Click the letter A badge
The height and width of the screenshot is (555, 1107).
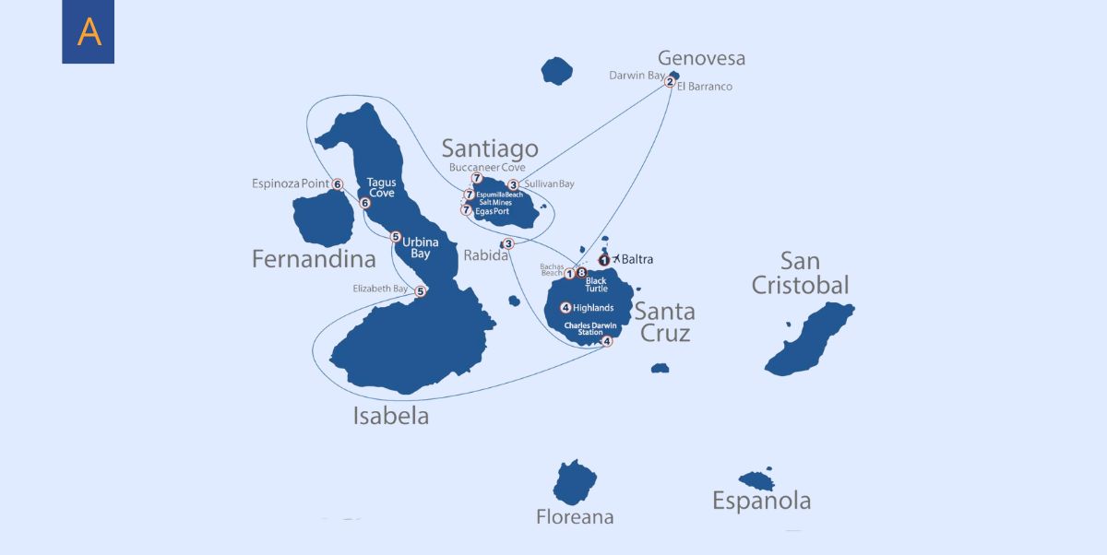click(89, 31)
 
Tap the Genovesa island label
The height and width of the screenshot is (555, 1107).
click(701, 58)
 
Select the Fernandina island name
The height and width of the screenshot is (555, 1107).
click(314, 259)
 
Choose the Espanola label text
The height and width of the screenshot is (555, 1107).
click(761, 501)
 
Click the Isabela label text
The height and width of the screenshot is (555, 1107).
click(390, 416)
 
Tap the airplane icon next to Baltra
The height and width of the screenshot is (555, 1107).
click(616, 259)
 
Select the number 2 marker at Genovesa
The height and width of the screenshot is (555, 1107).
click(670, 81)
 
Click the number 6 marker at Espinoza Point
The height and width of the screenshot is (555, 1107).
click(338, 184)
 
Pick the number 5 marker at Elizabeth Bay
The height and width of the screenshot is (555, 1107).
click(420, 291)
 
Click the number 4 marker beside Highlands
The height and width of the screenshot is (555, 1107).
click(565, 308)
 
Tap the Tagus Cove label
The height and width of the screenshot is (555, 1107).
click(381, 188)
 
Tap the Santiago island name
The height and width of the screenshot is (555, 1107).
click(489, 148)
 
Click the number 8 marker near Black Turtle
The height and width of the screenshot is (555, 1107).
click(581, 272)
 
